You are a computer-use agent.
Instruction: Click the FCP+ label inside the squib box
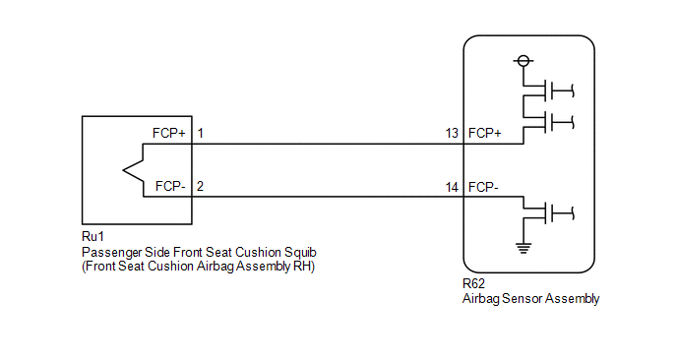[169, 134]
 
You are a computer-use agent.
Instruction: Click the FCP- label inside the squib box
[170, 187]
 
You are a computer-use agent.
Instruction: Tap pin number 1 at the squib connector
[201, 134]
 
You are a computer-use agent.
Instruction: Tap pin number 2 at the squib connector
[200, 187]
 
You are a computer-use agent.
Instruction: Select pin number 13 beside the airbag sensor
[452, 134]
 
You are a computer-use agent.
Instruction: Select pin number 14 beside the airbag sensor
[452, 187]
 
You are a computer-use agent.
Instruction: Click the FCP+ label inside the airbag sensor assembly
[484, 134]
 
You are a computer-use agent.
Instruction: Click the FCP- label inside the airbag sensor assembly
[483, 187]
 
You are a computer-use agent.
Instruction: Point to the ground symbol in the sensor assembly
[523, 248]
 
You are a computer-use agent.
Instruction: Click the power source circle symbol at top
[523, 61]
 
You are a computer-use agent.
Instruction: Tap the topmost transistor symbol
[548, 90]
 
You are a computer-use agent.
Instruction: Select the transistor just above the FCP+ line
[548, 122]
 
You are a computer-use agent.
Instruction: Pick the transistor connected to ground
[548, 212]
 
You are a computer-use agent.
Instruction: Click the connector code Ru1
[92, 236]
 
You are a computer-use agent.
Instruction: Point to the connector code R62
[473, 283]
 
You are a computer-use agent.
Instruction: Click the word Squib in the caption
[300, 253]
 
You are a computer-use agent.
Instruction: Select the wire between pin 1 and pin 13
[328, 144]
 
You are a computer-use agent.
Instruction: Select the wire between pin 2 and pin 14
[328, 197]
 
